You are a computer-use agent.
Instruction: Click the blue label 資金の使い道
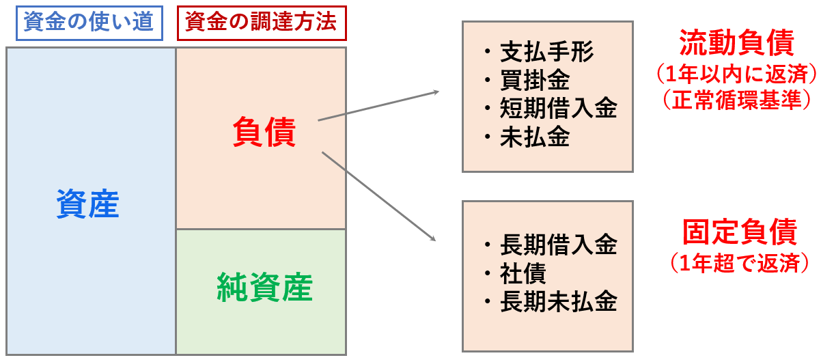pyautogui.click(x=89, y=24)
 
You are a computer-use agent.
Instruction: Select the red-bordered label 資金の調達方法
pyautogui.click(x=261, y=24)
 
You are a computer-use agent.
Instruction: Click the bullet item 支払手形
pyautogui.click(x=547, y=52)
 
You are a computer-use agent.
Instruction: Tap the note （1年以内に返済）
pyautogui.click(x=736, y=72)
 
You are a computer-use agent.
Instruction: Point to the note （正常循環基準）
pyautogui.click(x=736, y=100)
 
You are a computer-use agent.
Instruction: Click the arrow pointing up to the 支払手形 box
pyautogui.click(x=379, y=106)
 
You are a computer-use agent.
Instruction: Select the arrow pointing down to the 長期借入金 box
pyautogui.click(x=379, y=197)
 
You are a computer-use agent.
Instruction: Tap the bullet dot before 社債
pyautogui.click(x=486, y=273)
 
